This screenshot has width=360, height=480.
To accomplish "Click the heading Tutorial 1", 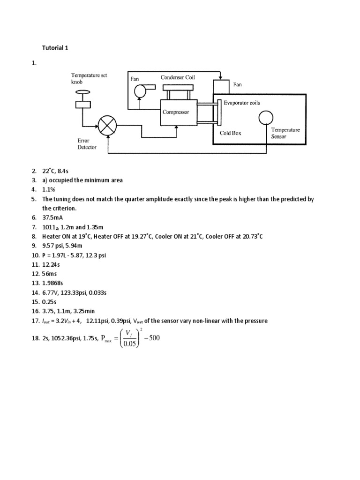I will [x=55, y=48].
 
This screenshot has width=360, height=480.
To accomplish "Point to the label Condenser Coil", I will [x=178, y=77].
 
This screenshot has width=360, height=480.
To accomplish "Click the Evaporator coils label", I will [x=241, y=103].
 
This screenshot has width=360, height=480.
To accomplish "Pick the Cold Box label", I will [x=231, y=133].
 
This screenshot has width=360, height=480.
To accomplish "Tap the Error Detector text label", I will [x=87, y=143].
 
